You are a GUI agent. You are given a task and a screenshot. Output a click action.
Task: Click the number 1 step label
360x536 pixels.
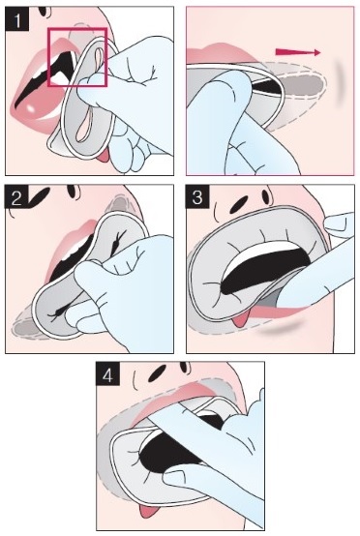(x=16, y=19)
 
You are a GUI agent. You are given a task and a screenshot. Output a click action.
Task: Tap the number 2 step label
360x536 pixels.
(x=16, y=197)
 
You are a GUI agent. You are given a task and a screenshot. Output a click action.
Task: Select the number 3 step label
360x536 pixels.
(x=197, y=197)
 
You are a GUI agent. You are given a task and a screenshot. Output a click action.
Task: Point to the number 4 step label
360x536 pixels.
(x=107, y=374)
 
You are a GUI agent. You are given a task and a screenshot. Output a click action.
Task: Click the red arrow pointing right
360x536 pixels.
(x=298, y=52)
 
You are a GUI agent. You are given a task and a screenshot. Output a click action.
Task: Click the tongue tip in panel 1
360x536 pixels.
(x=103, y=156)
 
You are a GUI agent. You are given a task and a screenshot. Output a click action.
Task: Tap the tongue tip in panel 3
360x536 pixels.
(x=241, y=319)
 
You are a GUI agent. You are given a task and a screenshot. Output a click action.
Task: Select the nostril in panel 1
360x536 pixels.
(x=43, y=11)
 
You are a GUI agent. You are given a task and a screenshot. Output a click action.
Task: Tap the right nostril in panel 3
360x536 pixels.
(x=266, y=196)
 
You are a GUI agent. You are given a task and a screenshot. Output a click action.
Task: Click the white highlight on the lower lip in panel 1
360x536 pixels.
(x=31, y=108)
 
